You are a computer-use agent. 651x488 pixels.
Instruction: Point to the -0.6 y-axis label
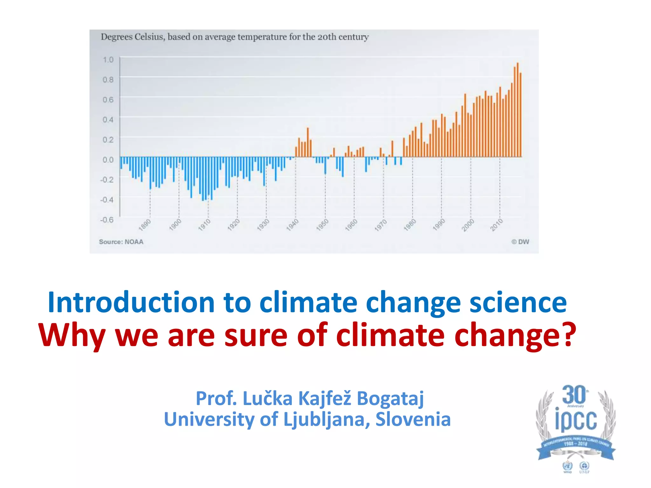107,220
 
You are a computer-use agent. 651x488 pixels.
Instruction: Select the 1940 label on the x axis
292,225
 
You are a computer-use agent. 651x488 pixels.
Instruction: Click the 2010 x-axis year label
497,225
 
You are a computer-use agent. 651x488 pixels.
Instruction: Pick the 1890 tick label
145,225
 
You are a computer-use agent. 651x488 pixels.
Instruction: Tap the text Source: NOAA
121,242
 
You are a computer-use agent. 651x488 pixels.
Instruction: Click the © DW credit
520,242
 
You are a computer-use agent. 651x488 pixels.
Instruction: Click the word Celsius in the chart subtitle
149,37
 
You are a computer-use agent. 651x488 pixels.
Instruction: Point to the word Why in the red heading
72,336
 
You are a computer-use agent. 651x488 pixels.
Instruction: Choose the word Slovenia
413,419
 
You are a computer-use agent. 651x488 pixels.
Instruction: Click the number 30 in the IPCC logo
574,395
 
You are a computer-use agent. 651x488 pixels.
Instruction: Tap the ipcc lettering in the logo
576,420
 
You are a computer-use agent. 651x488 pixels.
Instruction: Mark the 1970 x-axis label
380,225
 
